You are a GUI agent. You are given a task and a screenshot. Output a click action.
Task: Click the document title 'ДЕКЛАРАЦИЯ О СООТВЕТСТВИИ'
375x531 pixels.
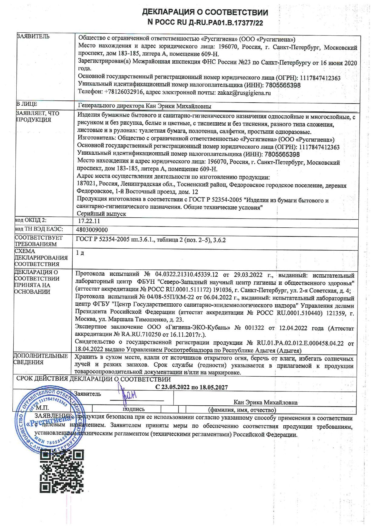coord(205,12)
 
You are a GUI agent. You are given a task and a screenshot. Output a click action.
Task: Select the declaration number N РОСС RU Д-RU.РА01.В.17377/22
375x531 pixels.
coord(205,22)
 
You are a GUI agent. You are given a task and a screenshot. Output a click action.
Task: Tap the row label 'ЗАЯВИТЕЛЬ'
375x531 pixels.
coord(33,37)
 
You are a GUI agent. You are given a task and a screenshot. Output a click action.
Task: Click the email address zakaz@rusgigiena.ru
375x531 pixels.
coord(244,93)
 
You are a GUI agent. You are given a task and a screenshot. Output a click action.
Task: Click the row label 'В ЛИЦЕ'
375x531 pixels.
coord(27,104)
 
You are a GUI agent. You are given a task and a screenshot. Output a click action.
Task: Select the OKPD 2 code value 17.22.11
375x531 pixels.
coord(89,221)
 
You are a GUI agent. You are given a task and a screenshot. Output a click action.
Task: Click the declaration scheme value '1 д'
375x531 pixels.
coord(80,252)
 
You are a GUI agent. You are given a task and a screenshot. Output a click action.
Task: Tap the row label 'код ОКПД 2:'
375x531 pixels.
coord(31,220)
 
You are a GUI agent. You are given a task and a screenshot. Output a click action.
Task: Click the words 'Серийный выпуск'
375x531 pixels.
coord(101,214)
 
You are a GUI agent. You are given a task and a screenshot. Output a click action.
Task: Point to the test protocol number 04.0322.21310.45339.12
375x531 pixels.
coord(186,275)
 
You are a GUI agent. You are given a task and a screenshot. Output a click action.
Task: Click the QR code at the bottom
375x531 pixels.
coord(62,471)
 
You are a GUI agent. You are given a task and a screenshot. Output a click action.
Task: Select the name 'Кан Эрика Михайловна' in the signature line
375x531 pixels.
coord(265,403)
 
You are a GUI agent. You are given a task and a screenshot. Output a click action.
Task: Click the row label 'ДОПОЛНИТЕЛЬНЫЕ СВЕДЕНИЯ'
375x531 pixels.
coord(40,359)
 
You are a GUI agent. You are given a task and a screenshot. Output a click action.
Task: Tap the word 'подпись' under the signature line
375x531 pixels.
coord(133,409)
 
